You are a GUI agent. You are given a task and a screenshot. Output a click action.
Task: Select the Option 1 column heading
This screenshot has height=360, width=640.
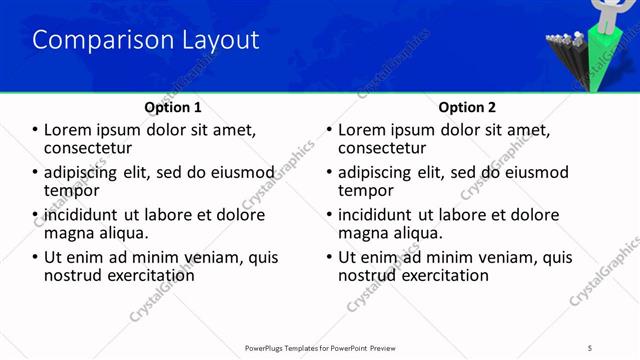pos(173,107)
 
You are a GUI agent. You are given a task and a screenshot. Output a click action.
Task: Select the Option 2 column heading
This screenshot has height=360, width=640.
pos(467,107)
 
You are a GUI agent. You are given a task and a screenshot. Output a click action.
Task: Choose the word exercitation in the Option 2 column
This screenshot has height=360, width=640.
pos(441,275)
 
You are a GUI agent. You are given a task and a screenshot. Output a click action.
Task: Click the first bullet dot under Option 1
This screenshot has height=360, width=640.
pos(36,130)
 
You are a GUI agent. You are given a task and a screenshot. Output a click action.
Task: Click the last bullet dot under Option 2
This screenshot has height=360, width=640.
pos(330,257)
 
